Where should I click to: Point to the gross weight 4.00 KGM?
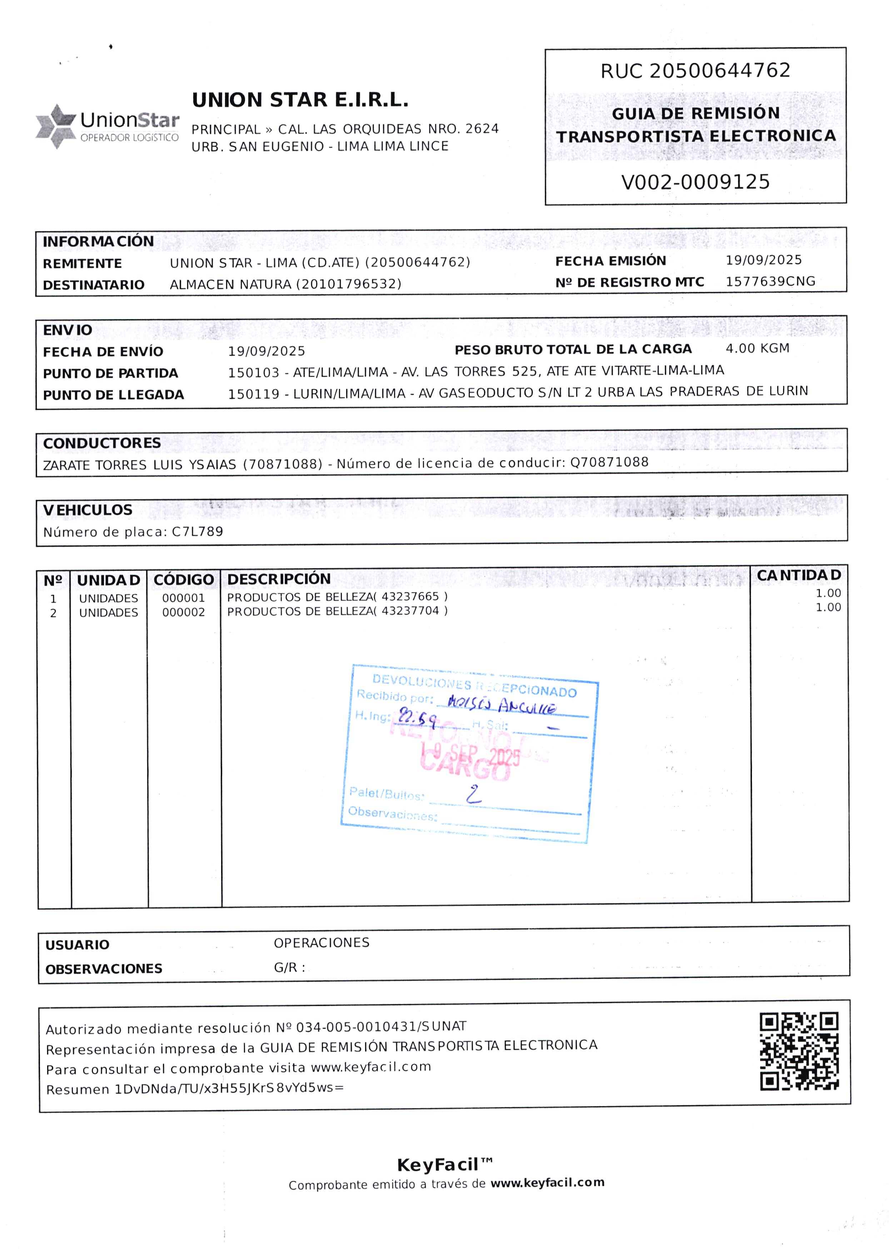[757, 348]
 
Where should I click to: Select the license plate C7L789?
[198, 531]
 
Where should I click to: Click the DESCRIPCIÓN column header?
[279, 579]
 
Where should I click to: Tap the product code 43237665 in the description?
[410, 597]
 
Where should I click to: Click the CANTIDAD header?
[798, 575]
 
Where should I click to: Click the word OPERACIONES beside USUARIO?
[321, 943]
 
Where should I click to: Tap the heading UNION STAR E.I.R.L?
[300, 100]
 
